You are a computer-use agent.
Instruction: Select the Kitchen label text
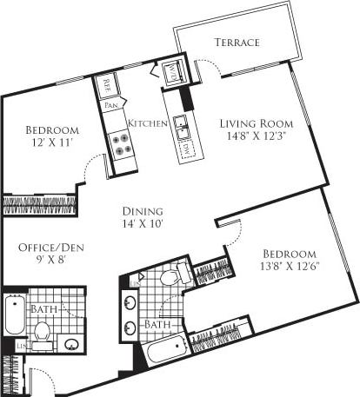click(x=148, y=124)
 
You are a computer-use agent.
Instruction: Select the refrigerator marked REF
click(x=108, y=86)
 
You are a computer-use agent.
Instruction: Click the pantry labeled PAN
click(x=112, y=106)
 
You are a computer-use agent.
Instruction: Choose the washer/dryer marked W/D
click(x=171, y=75)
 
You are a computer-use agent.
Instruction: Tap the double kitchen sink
click(x=182, y=125)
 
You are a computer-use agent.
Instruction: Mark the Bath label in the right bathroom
click(x=157, y=324)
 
